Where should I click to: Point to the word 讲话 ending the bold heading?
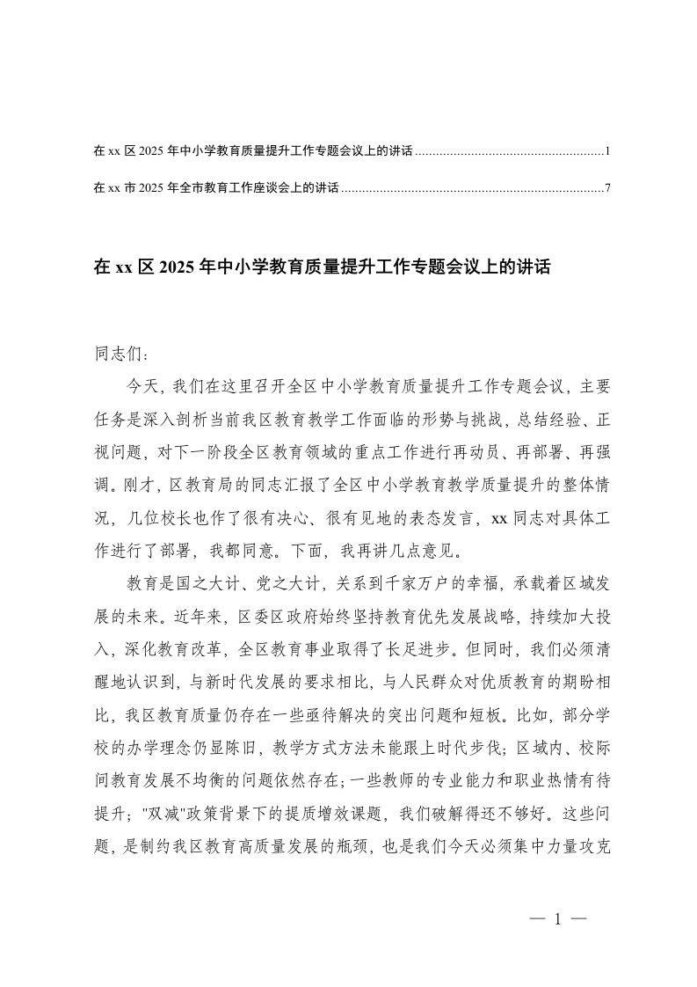point(534,267)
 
